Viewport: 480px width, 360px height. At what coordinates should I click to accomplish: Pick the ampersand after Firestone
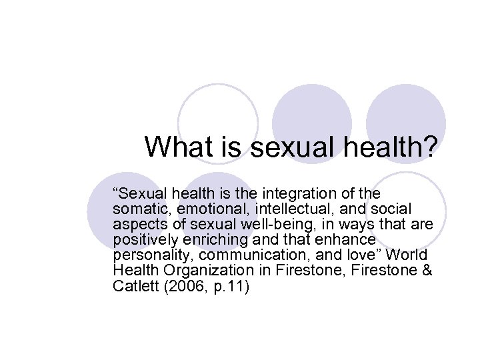pos(426,271)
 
